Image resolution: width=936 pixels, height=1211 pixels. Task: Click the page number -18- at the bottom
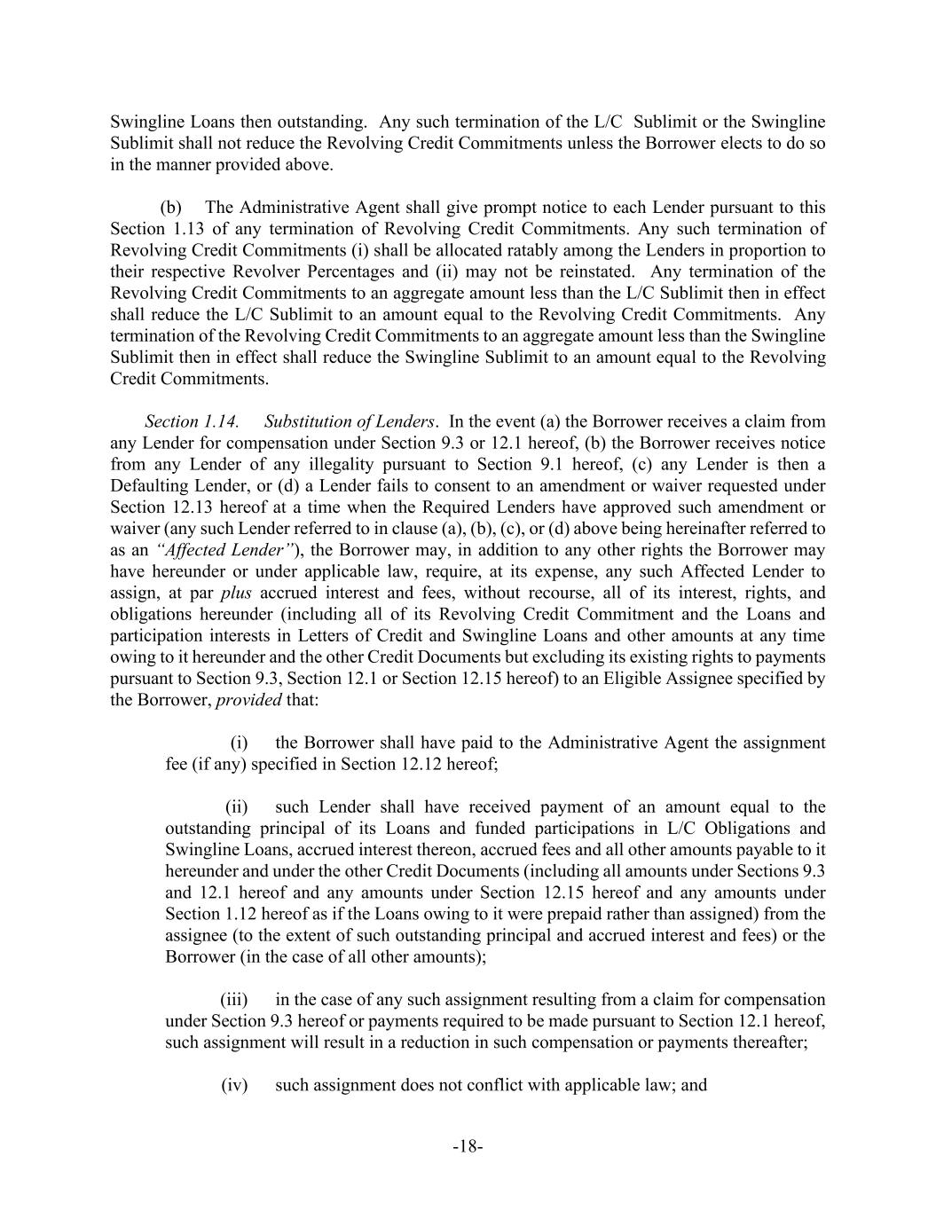pyautogui.click(x=468, y=1146)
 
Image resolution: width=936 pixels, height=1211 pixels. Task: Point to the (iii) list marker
pyautogui.click(x=234, y=999)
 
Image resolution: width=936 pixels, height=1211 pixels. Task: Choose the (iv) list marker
pyautogui.click(x=234, y=1084)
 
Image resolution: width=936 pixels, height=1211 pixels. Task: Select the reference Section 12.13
pyautogui.click(x=148, y=507)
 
